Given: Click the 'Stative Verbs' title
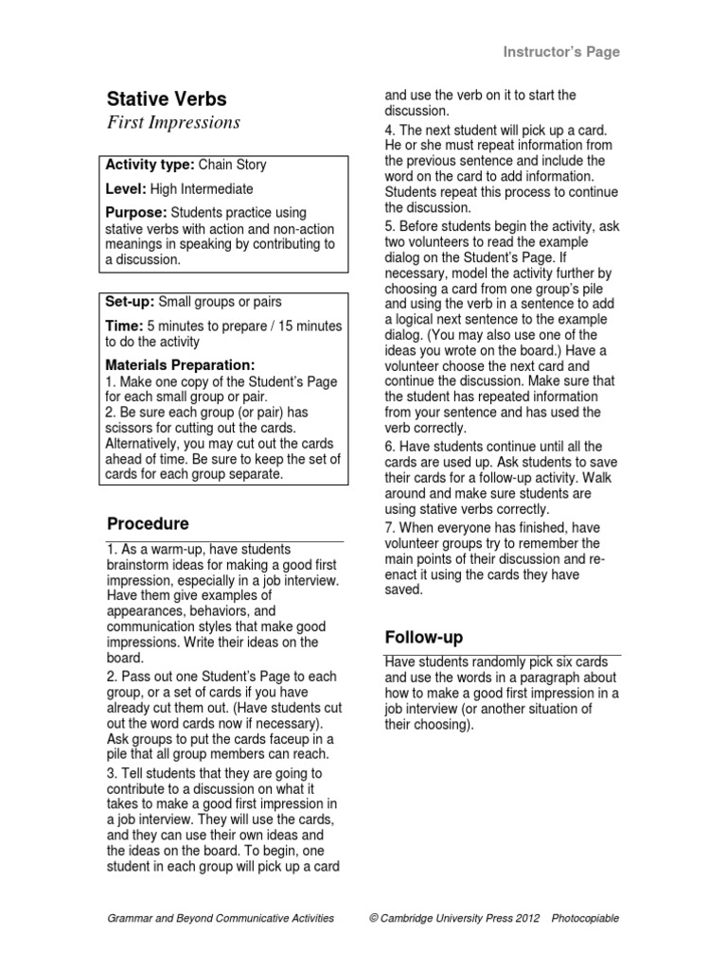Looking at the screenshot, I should click(167, 99).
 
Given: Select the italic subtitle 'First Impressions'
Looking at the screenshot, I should click(173, 123).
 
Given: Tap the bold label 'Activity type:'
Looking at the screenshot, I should click(150, 165).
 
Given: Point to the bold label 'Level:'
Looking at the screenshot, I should click(126, 189).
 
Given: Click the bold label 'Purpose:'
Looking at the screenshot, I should click(136, 213).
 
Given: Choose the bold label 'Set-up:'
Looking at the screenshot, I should click(131, 302).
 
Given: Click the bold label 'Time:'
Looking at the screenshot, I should click(124, 326).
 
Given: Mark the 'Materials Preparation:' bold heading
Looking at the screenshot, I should click(180, 364).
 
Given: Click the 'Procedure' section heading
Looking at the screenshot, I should click(148, 523).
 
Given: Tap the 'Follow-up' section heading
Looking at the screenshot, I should click(423, 637).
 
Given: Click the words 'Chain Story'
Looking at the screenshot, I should click(232, 165).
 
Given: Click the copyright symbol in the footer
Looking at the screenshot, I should click(375, 918).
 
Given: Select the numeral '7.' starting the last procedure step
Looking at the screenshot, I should click(389, 527).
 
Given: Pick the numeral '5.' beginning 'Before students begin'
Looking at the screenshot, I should click(389, 226).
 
